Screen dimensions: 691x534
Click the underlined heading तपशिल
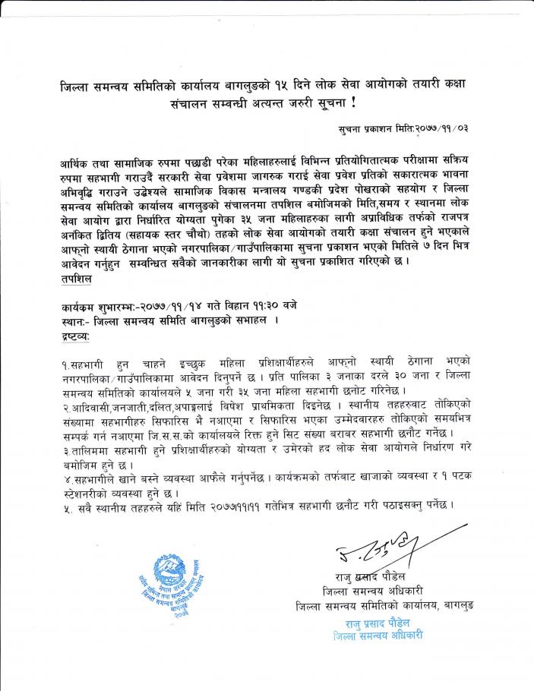pyautogui.click(x=74, y=279)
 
